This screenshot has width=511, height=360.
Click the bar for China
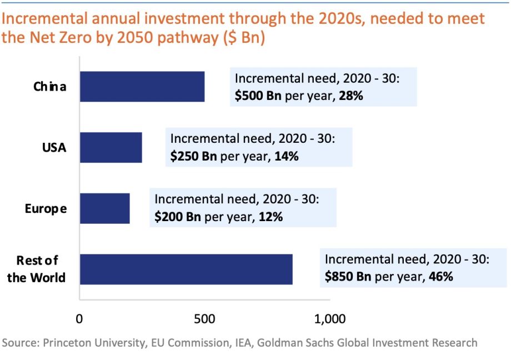click(x=142, y=87)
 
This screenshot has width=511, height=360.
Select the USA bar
click(x=111, y=147)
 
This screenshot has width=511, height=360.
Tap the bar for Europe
click(x=105, y=208)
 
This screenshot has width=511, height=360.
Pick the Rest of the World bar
click(x=186, y=269)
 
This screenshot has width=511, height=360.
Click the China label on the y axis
click(x=50, y=87)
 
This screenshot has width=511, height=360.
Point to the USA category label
click(x=54, y=148)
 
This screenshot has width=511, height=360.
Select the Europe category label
click(x=46, y=209)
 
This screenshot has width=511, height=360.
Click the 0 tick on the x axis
click(x=80, y=319)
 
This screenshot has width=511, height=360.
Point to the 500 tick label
click(x=205, y=319)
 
